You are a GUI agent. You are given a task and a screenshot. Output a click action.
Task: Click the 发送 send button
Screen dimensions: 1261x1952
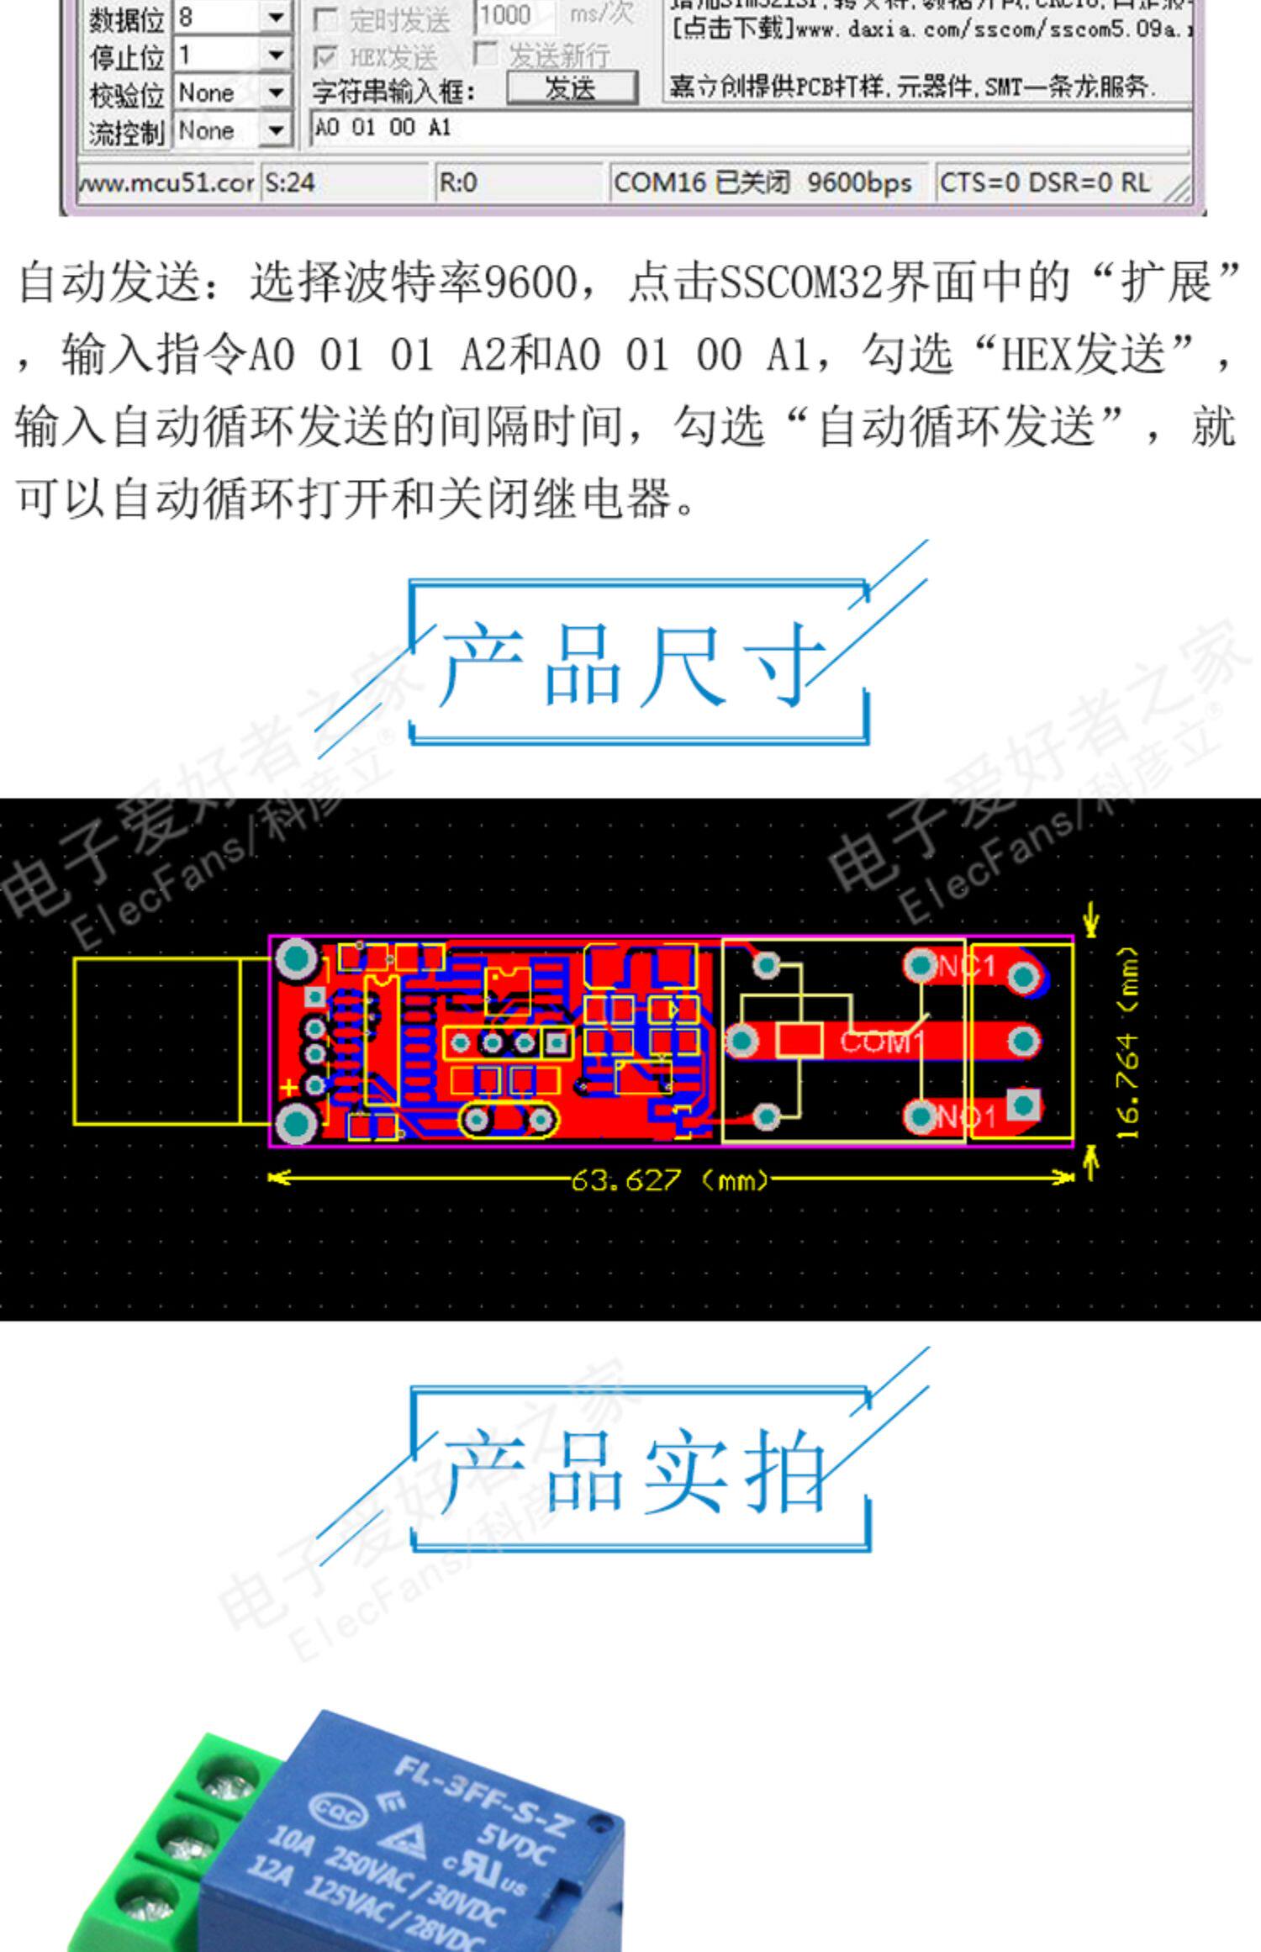tap(571, 87)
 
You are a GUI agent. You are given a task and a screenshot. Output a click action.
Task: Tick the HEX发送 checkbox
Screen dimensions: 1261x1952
tap(324, 57)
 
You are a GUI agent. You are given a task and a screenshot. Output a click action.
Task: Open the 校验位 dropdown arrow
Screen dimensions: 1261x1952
tap(275, 92)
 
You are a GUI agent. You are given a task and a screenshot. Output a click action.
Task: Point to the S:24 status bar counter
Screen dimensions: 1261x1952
tap(291, 182)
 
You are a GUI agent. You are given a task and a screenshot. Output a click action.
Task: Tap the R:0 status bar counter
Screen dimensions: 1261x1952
tap(458, 182)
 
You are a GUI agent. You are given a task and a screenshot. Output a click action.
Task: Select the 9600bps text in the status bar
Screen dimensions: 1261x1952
tap(858, 182)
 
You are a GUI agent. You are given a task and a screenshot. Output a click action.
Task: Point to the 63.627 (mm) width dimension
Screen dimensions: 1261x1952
tap(669, 1181)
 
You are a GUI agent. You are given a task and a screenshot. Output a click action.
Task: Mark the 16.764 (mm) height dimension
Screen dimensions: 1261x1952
tap(1128, 1043)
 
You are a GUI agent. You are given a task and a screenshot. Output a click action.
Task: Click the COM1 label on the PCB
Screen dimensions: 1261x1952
tap(881, 1042)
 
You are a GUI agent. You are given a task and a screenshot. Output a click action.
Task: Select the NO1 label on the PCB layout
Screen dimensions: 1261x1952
tap(966, 1117)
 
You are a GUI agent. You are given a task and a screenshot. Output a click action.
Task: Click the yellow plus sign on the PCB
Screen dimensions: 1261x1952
tap(288, 1087)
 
